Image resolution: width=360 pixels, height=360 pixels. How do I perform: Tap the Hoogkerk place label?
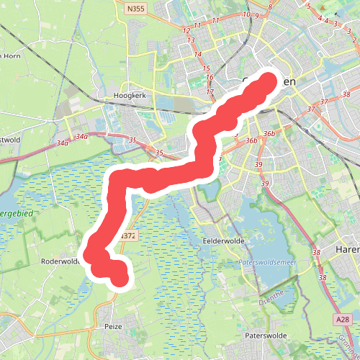130,95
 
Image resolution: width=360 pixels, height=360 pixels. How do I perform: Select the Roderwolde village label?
60,262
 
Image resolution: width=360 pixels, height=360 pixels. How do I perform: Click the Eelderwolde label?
225,240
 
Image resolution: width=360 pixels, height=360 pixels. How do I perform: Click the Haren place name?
348,249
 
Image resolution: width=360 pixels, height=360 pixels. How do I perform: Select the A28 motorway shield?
343,319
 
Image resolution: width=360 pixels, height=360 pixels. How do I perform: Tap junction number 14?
197,54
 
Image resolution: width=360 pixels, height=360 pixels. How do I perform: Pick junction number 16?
210,78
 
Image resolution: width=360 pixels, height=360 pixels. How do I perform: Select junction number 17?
210,92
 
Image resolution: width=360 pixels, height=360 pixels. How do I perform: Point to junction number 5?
308,6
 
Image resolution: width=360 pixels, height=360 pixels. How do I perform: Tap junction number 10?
247,14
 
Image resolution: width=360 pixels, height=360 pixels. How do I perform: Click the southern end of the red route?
120,277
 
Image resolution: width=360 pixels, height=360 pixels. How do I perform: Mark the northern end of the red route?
267,83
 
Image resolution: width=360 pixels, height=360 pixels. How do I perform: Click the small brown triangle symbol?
336,14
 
